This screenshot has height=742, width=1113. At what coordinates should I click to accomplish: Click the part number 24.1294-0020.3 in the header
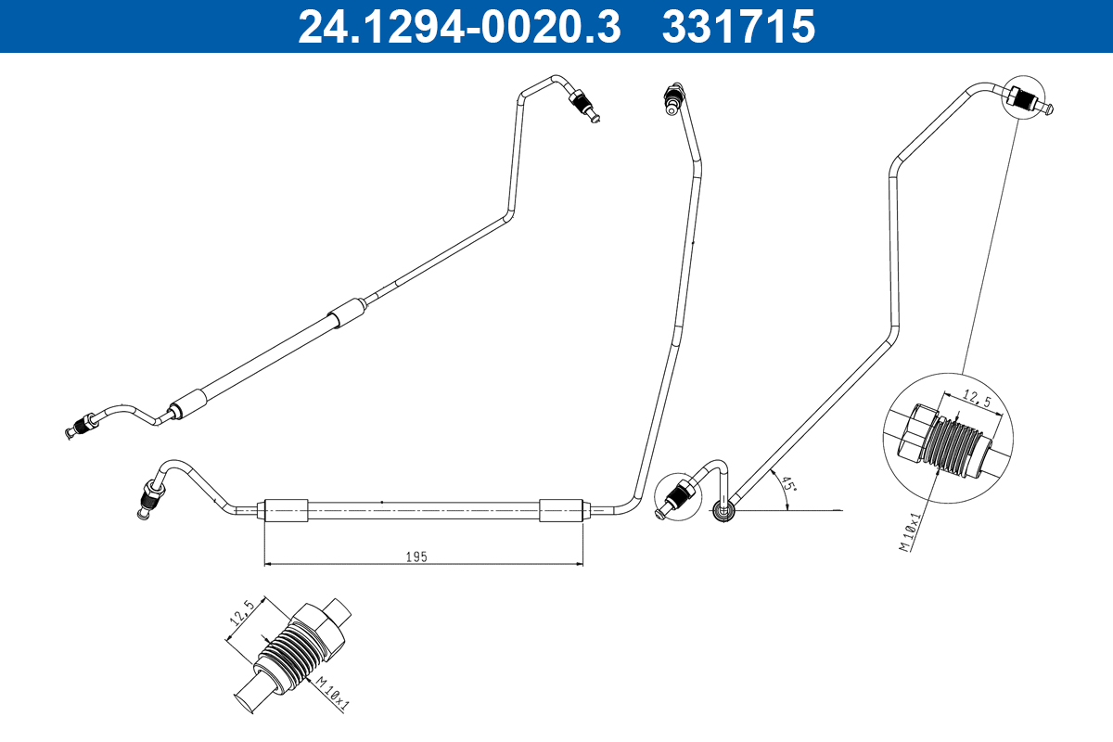tap(458, 26)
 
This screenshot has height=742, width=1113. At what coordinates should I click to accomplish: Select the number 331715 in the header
tap(738, 26)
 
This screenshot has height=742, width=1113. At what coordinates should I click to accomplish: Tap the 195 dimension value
tap(416, 556)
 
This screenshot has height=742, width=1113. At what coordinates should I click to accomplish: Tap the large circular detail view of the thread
tap(948, 438)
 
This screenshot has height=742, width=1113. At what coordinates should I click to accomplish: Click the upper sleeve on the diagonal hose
tap(348, 313)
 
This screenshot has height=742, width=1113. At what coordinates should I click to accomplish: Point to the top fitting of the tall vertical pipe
tap(673, 97)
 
